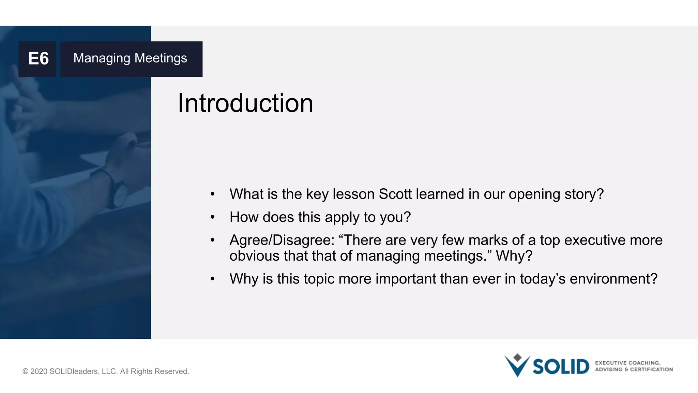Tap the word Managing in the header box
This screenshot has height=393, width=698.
tap(102, 58)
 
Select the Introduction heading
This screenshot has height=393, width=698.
tap(245, 103)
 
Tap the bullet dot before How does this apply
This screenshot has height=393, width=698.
tap(212, 217)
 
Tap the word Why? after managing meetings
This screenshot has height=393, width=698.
tap(514, 256)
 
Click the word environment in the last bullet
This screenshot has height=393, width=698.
tap(613, 279)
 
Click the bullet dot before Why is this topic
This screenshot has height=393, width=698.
tap(212, 279)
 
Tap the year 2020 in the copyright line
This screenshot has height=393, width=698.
tap(39, 372)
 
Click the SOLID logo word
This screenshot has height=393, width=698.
tap(561, 367)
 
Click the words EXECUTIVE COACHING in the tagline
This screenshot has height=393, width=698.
tap(627, 363)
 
